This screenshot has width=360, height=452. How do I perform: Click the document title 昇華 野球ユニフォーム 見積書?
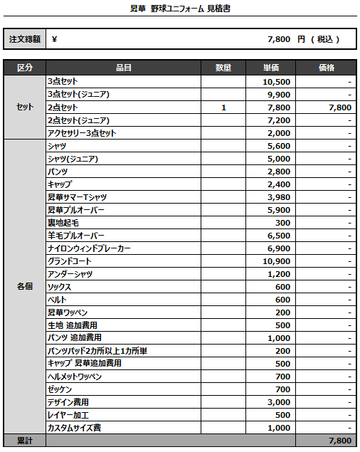tap(179, 9)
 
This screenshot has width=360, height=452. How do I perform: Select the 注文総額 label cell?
tap(25, 39)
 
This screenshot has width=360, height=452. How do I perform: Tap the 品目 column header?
tap(123, 68)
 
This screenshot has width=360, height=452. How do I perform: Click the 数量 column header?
tap(223, 68)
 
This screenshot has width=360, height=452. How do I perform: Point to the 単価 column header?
tap(270, 68)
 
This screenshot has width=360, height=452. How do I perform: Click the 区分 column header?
tap(25, 68)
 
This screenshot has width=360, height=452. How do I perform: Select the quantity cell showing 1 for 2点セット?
tap(223, 107)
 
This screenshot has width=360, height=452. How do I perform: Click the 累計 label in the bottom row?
tap(25, 441)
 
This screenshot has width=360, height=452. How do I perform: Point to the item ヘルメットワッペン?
tap(75, 377)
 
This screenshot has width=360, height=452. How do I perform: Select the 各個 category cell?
tap(25, 287)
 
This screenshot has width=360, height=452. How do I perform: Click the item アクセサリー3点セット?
tap(81, 133)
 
